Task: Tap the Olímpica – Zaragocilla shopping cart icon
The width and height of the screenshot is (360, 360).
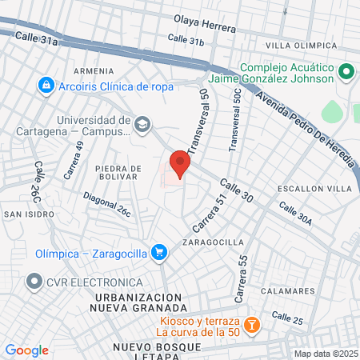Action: [159, 253]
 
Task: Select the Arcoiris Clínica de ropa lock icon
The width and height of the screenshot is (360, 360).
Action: [46, 85]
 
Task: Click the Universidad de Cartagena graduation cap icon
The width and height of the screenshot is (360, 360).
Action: [142, 124]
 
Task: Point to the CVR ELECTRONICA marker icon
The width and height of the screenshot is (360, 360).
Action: [34, 282]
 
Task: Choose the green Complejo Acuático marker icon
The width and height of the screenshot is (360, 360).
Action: [346, 73]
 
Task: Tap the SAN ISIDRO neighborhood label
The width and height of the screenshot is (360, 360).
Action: [30, 214]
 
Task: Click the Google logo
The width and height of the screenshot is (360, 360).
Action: [27, 350]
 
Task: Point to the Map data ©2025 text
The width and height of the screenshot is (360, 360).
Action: [325, 354]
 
